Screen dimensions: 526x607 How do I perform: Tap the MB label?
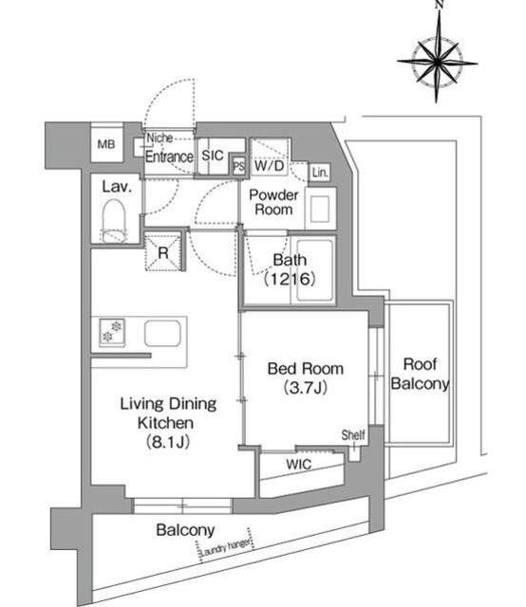106,144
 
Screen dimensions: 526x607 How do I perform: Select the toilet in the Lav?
114,222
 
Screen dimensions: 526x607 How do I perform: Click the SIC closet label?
213,156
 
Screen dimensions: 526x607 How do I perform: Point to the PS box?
238,167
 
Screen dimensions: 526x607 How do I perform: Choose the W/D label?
270,166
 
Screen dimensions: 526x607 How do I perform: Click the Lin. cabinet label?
320,173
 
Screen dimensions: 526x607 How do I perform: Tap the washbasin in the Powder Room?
320,209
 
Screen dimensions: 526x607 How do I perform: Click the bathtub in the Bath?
314,270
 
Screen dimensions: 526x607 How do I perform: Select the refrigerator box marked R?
163,252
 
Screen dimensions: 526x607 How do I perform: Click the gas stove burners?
112,332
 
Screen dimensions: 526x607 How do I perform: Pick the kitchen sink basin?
162,333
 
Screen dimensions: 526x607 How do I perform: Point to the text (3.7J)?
306,387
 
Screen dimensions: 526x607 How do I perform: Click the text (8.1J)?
168,441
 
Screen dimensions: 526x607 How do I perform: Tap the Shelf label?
353,434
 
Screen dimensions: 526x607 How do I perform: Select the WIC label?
298,464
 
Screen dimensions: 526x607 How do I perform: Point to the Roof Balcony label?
420,374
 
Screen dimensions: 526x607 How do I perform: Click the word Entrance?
169,156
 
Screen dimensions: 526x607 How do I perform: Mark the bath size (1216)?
290,278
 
